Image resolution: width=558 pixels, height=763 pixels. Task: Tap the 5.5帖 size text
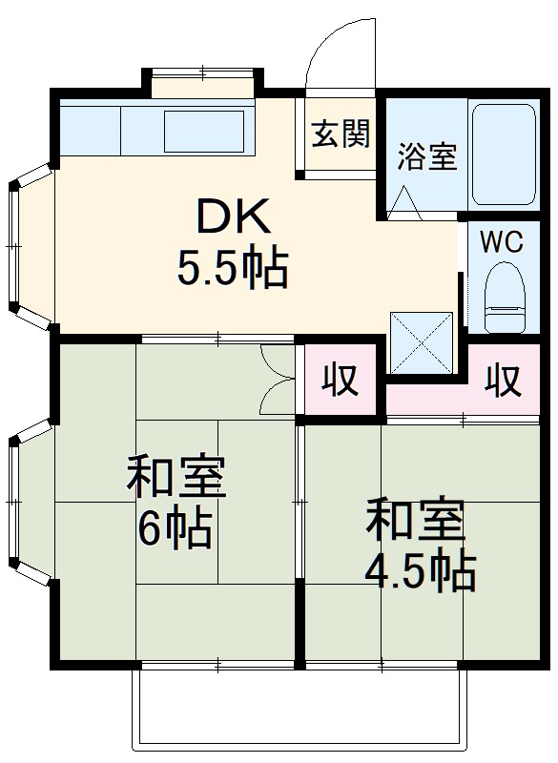(x=232, y=270)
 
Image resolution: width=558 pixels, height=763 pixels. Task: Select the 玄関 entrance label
(x=339, y=135)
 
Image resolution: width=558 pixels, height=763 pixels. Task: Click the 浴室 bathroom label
(x=426, y=155)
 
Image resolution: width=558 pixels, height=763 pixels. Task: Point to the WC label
(x=501, y=241)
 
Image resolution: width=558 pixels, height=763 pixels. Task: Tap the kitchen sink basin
(x=206, y=132)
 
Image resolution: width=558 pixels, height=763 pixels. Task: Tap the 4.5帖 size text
(x=420, y=570)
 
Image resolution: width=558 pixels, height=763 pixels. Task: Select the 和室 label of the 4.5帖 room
(x=417, y=521)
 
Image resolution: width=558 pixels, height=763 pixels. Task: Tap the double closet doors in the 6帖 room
(x=278, y=379)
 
